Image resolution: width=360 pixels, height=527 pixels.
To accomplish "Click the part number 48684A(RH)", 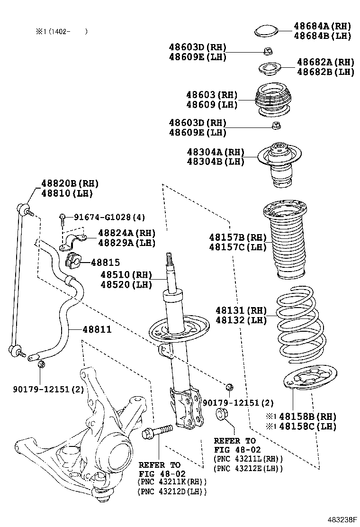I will point(321,26).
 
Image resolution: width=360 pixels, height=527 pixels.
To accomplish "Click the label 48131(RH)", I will point(241,310).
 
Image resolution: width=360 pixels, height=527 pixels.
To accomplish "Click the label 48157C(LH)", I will point(238,247).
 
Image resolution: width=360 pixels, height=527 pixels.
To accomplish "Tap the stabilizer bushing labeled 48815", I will point(72,260).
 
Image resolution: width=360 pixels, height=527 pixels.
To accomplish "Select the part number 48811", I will point(97,329).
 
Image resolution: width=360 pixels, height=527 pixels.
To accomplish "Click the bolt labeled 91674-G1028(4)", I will point(63,218).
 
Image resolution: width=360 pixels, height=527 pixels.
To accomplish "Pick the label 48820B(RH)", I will point(70,183).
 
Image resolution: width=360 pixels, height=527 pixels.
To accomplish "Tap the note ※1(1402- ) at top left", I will point(59,32).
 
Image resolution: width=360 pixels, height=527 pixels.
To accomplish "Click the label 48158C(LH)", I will point(307,426).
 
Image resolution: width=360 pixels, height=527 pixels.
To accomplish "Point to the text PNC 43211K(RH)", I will point(172,482).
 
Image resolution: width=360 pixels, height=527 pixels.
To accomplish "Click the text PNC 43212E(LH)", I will point(248,468).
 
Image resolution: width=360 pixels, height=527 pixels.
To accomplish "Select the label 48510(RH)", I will point(126,275).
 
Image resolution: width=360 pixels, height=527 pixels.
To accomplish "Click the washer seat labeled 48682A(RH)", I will point(270,69).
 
